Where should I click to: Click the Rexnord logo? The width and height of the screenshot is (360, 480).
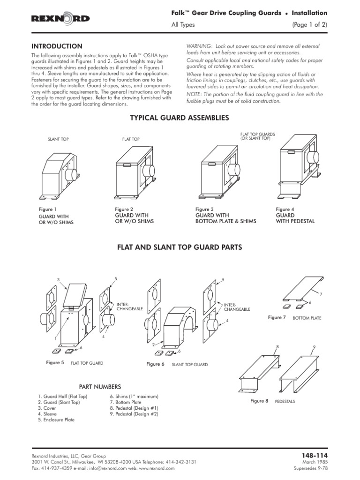coord(60,18)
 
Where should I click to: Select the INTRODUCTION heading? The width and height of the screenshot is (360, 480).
coord(57,46)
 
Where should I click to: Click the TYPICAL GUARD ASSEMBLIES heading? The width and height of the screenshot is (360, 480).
coord(179,118)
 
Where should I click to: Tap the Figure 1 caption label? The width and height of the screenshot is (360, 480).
coord(47,209)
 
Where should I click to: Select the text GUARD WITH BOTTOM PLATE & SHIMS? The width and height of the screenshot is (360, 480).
coord(225,218)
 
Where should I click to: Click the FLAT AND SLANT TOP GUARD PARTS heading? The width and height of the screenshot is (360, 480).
coord(180,247)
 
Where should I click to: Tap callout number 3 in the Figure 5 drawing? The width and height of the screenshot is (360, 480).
coord(59,280)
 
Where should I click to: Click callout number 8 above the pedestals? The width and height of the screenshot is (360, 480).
coord(277,346)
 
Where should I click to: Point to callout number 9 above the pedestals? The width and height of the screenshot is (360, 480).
coord(314,346)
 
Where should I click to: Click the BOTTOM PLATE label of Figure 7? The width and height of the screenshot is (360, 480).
coord(307,318)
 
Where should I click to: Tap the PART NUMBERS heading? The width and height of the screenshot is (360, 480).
coord(100,387)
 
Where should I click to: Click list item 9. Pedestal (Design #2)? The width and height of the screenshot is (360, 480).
coord(134,414)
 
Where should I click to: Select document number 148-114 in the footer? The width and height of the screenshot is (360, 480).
coord(317,455)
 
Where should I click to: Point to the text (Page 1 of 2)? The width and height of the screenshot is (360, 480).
coord(310,25)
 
